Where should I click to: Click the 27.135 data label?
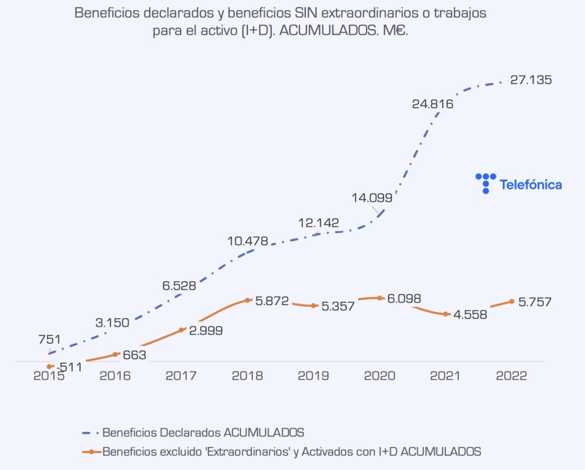click(x=531, y=80)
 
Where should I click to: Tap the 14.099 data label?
click(x=372, y=198)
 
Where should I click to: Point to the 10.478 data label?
click(x=247, y=241)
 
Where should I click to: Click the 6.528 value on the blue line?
click(x=179, y=286)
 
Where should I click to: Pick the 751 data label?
click(x=50, y=340)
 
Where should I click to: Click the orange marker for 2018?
click(x=247, y=300)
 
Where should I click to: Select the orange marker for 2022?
click(x=511, y=301)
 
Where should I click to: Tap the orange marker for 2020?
click(x=379, y=298)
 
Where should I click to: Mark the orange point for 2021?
click(x=446, y=314)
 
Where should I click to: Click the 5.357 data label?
click(x=338, y=306)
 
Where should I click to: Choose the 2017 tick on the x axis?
click(x=182, y=376)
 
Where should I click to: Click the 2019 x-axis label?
click(x=314, y=376)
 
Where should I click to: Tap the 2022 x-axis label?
click(x=512, y=376)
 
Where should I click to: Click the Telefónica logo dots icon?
click(x=486, y=183)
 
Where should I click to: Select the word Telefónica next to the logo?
click(x=531, y=185)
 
